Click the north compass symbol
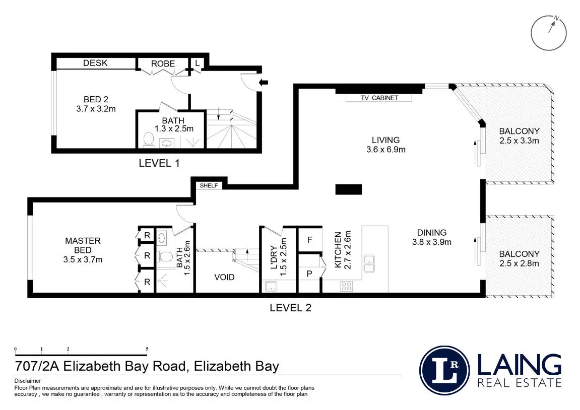click(x=549, y=32)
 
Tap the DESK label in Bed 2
click(x=95, y=63)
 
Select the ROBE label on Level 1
click(x=163, y=63)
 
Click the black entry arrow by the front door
click(x=263, y=82)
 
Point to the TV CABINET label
click(x=379, y=98)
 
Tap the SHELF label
click(x=209, y=185)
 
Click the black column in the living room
click(x=349, y=189)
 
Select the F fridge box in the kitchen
click(x=310, y=240)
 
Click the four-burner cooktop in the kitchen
click(x=346, y=286)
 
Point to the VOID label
click(x=224, y=277)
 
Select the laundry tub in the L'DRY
click(x=271, y=287)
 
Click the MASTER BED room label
click(x=83, y=245)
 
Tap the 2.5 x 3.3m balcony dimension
click(x=519, y=141)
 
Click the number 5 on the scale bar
click(x=147, y=349)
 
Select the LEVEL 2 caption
click(x=290, y=307)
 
